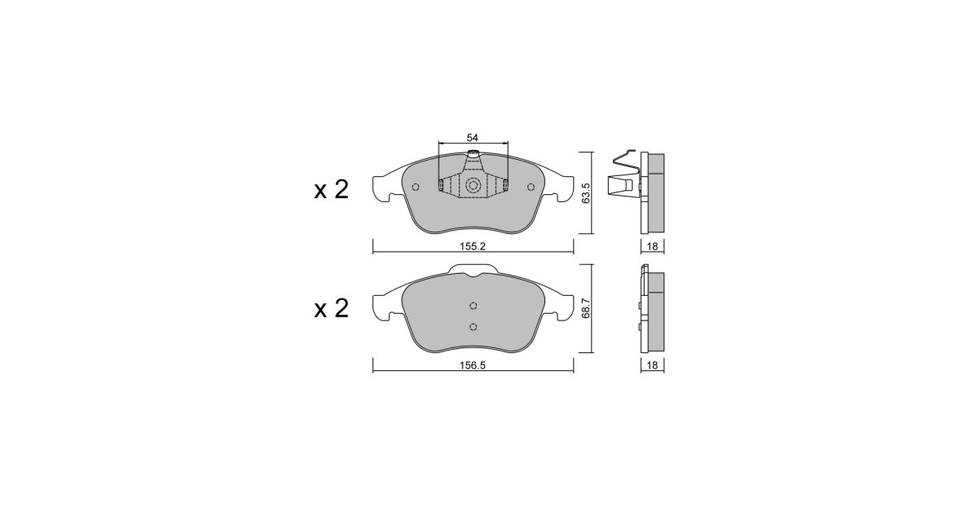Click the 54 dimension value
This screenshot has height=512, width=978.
[x=473, y=138]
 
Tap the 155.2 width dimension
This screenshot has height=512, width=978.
[x=473, y=246]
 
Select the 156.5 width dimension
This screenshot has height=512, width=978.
[x=473, y=365]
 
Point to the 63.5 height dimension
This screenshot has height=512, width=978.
[x=586, y=192]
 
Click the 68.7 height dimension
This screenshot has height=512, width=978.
[x=586, y=308]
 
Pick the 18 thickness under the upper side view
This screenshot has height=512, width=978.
[x=652, y=246]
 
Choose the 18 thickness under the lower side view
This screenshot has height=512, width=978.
[x=652, y=365]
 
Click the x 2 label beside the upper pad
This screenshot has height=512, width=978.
[x=332, y=190]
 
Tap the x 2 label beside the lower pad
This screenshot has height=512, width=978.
[x=332, y=308]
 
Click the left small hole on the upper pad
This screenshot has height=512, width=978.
[x=416, y=187]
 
